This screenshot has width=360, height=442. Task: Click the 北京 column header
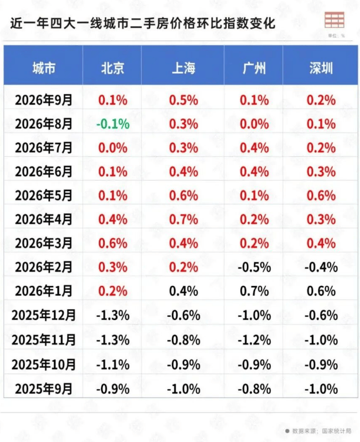pyautogui.click(x=112, y=68)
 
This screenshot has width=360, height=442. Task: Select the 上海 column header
pyautogui.click(x=183, y=68)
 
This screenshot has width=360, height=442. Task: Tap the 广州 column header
pyautogui.click(x=254, y=68)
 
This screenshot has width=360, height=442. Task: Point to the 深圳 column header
pyautogui.click(x=321, y=68)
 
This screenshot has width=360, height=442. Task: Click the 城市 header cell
pyautogui.click(x=44, y=68)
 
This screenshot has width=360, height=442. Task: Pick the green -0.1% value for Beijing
pyautogui.click(x=113, y=124)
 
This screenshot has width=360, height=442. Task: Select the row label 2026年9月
pyautogui.click(x=44, y=100)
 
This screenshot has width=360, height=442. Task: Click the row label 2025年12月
pyautogui.click(x=44, y=315)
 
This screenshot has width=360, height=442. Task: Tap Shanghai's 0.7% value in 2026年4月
pyautogui.click(x=183, y=219)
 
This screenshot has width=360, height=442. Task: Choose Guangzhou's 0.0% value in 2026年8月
pyautogui.click(x=254, y=124)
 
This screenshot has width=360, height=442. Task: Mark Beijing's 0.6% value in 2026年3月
pyautogui.click(x=113, y=243)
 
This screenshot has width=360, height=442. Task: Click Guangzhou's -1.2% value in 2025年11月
pyautogui.click(x=254, y=340)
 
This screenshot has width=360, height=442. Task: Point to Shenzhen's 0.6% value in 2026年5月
pyautogui.click(x=321, y=196)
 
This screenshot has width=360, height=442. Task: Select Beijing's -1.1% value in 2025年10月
pyautogui.click(x=113, y=365)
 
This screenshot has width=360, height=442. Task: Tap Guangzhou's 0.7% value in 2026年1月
pyautogui.click(x=254, y=291)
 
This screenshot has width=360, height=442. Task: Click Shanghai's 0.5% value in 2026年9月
pyautogui.click(x=183, y=100)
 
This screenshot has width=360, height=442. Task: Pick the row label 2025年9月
pyautogui.click(x=44, y=389)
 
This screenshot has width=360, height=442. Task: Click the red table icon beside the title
pyautogui.click(x=335, y=20)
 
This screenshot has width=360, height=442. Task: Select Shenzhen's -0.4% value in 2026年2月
pyautogui.click(x=321, y=267)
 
